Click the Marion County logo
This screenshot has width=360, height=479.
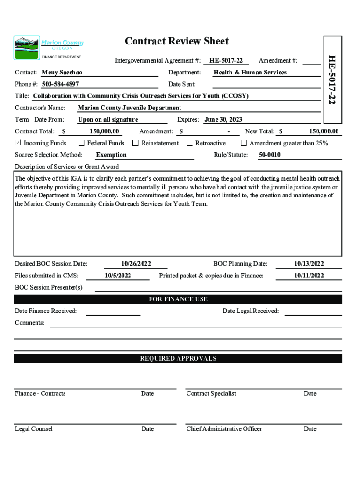click(x=49, y=47)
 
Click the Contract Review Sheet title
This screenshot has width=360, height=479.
click(x=177, y=41)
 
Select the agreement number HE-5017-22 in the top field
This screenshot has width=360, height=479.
click(x=226, y=60)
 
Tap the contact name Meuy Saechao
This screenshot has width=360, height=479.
click(x=62, y=73)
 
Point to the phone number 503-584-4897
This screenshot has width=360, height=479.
click(x=60, y=84)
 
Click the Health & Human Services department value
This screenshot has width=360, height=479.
click(x=250, y=73)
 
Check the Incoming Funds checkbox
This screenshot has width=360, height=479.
click(x=18, y=143)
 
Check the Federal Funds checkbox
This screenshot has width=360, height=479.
click(x=82, y=143)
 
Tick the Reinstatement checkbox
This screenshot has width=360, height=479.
click(x=136, y=143)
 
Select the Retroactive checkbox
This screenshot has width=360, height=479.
click(x=189, y=143)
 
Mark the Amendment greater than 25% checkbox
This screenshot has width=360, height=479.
click(x=244, y=143)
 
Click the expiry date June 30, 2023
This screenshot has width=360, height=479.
click(x=223, y=120)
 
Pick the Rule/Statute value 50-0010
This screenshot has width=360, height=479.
click(x=270, y=155)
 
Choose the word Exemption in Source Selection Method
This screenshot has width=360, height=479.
click(x=111, y=155)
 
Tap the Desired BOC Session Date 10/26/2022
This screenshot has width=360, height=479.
click(x=136, y=264)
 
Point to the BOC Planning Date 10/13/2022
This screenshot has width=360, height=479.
click(x=309, y=264)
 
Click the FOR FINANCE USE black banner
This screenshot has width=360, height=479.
click(x=178, y=299)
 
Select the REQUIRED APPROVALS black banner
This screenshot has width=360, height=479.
click(x=178, y=359)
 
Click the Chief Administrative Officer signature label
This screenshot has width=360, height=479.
click(x=224, y=429)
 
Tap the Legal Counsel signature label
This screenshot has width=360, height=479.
click(x=34, y=429)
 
